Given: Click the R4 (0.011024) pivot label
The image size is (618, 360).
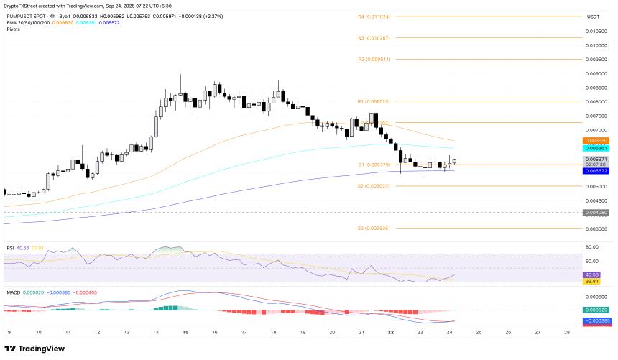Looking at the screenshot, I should (374, 17).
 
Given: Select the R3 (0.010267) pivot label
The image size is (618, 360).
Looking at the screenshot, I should (374, 37).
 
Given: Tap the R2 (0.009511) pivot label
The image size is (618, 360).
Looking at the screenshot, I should (374, 59).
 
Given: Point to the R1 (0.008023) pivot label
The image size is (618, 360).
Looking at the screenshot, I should (374, 101).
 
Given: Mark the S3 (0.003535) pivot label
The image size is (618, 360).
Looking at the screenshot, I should (374, 228).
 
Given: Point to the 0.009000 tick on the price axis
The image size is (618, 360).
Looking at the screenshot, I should (596, 73).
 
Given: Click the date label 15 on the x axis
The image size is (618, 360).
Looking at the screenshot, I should (185, 333).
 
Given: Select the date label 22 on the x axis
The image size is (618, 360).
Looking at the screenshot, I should (390, 333).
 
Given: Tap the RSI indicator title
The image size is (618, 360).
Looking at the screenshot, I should (10, 248).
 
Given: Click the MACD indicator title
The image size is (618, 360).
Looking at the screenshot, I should (12, 292).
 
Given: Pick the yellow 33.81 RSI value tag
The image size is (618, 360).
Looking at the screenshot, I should (593, 281).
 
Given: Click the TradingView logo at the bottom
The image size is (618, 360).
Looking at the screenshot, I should (35, 349).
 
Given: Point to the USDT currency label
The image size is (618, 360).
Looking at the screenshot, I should (593, 17).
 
